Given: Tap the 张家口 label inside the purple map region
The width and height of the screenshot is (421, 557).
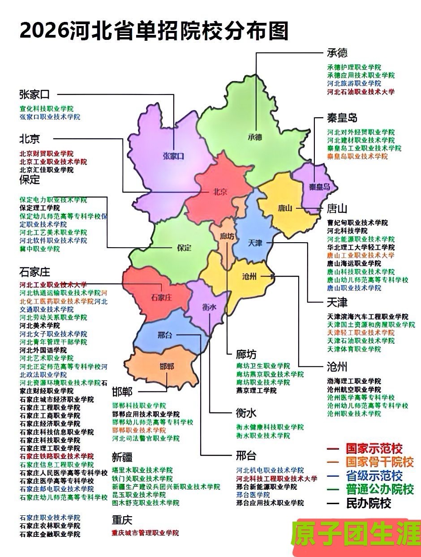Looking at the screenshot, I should [x=174, y=156].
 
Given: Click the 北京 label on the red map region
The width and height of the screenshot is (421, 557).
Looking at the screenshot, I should [x=219, y=192].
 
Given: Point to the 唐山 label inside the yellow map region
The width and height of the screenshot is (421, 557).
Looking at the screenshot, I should [x=285, y=208].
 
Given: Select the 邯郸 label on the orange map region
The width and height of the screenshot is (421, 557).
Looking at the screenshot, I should [x=167, y=367].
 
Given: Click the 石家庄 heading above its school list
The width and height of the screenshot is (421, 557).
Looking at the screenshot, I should [x=34, y=272].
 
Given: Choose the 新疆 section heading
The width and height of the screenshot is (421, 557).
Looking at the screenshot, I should [x=122, y=458].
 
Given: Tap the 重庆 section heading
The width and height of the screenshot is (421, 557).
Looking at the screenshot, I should [x=122, y=520].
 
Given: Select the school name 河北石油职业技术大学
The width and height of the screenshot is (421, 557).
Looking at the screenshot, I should [x=361, y=92].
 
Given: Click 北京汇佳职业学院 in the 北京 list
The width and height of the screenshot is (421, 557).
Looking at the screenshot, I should [x=47, y=170].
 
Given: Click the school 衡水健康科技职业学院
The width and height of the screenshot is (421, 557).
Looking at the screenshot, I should [x=270, y=427].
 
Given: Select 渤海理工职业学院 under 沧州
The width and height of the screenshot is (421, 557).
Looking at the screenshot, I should [x=354, y=381].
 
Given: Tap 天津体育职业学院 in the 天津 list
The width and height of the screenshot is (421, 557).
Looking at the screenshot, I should [x=354, y=349].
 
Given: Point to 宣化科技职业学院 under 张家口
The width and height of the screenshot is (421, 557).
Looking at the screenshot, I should [x=47, y=109].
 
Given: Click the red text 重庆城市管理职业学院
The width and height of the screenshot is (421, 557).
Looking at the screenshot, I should [x=145, y=533].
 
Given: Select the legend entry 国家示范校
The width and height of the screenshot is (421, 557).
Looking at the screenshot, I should [x=374, y=448].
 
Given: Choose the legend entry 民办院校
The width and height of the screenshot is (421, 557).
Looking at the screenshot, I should [x=368, y=503].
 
